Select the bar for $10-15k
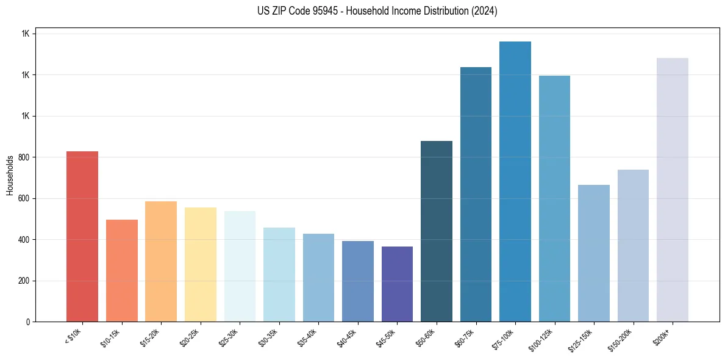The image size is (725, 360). tap(121, 271)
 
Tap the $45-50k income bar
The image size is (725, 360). tap(397, 284)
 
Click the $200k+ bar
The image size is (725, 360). tap(673, 190)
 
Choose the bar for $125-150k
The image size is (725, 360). tap(594, 253)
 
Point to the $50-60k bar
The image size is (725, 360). tap(437, 231)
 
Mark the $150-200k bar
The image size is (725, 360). tap(633, 246)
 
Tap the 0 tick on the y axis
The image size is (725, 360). tap(27, 322)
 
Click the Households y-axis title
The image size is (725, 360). tap(10, 175)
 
